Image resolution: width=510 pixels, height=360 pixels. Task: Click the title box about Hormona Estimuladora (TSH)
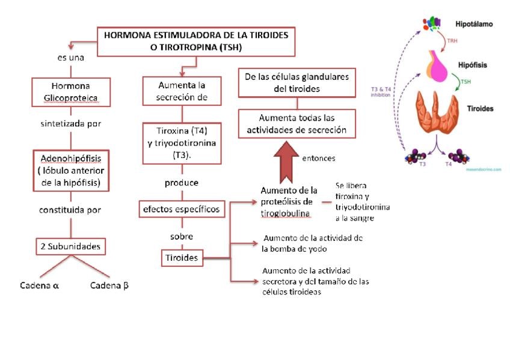coord(195,41)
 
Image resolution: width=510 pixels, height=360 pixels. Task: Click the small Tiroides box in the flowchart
coord(181,258)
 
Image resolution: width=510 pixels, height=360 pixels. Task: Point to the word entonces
coord(319,159)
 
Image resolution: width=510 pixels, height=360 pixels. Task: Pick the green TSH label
coord(465,82)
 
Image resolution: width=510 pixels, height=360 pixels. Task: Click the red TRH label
coord(452,43)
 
